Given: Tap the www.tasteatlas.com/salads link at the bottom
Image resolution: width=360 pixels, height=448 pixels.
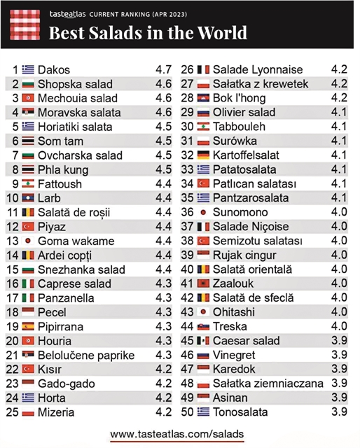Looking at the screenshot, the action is tap(177, 434).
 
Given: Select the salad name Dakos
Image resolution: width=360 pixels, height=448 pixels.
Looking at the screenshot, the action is tap(54, 70).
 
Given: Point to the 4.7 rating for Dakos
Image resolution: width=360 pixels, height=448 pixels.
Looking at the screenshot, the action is tap(163, 70).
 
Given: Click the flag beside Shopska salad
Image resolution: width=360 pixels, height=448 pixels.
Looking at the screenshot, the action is tap(28, 84).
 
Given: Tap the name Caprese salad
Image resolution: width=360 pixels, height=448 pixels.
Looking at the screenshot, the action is tap(74, 283).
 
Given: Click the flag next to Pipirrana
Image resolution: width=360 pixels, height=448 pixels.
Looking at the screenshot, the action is tap(28, 326).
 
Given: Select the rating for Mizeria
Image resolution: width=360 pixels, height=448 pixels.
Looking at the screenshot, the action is tap(163, 412).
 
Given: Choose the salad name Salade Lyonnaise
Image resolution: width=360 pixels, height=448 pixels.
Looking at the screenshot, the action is tap(258, 70).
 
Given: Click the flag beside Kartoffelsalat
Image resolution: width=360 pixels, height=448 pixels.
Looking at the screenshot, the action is tap(203, 155).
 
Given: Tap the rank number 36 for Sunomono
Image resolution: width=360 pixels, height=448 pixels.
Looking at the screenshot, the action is tap(187, 212).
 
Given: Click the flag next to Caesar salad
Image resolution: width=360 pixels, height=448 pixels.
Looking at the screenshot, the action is tap(203, 340).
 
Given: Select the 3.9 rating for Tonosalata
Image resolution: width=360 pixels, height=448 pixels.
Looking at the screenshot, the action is tap(339, 412).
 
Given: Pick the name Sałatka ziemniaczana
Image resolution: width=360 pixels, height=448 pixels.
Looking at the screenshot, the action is tap(268, 384).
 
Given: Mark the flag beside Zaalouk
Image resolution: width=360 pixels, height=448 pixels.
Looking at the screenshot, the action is tap(203, 283).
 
